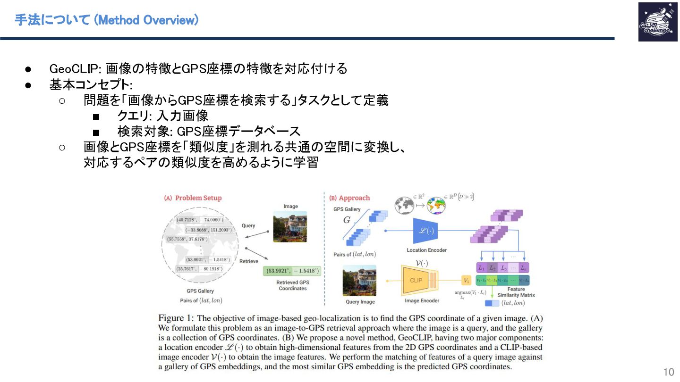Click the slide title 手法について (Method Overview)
click(x=106, y=20)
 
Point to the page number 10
click(x=669, y=372)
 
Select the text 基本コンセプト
click(x=90, y=85)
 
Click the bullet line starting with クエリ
click(x=162, y=116)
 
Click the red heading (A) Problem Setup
click(x=193, y=198)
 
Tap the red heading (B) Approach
click(x=349, y=198)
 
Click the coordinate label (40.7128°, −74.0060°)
click(x=199, y=220)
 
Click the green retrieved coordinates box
click(x=292, y=271)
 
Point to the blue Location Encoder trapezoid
click(x=426, y=231)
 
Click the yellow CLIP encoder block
click(x=416, y=280)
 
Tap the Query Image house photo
click(x=359, y=280)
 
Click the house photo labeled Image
click(x=290, y=226)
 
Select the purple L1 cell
click(x=481, y=268)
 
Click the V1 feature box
click(x=466, y=281)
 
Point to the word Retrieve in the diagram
click(x=248, y=261)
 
